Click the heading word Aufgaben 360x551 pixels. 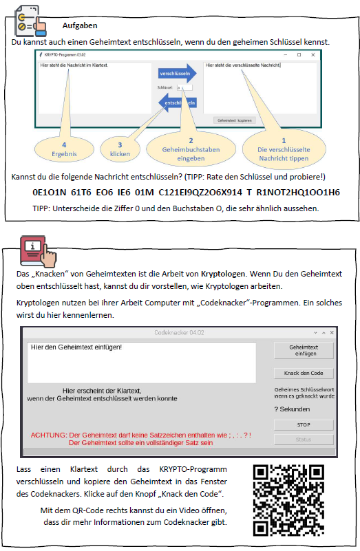(x=80, y=25)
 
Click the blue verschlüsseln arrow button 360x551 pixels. (x=177, y=74)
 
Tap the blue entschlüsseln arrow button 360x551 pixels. (x=177, y=102)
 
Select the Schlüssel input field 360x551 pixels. (x=184, y=87)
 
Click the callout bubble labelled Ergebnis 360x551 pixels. (x=64, y=149)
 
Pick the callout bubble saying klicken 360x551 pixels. (x=120, y=149)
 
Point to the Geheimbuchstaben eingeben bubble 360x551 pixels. (x=191, y=149)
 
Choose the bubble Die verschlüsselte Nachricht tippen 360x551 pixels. (x=284, y=149)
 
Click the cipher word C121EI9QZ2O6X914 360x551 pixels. (x=200, y=192)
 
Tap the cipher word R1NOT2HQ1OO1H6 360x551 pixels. (x=298, y=192)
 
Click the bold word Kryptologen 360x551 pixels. (x=223, y=274)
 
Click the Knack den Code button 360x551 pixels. (x=304, y=374)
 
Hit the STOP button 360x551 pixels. (x=304, y=425)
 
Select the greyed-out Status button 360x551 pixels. (x=304, y=440)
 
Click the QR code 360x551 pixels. (x=288, y=500)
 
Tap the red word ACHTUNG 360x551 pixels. (x=48, y=435)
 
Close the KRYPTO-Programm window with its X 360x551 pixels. (x=313, y=55)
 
